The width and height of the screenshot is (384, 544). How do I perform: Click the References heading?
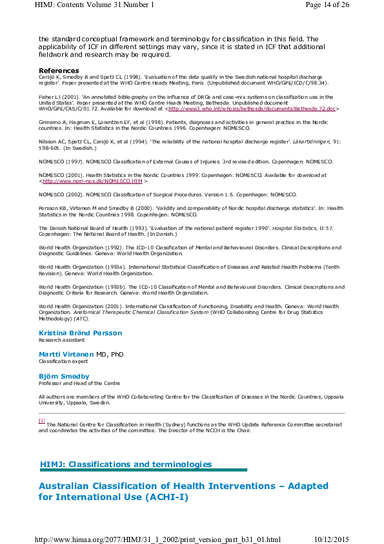(x=59, y=70)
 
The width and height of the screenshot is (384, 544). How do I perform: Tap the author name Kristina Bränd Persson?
(x=80, y=333)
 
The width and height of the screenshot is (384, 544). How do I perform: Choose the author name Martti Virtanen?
(x=66, y=354)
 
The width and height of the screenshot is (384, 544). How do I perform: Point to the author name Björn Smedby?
(x=64, y=376)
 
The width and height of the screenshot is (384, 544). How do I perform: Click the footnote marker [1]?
(x=42, y=421)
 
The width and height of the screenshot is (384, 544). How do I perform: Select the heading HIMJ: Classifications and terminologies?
(x=126, y=464)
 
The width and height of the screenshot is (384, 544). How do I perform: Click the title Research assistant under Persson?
(x=59, y=340)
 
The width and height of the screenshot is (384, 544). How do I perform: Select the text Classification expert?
(x=63, y=362)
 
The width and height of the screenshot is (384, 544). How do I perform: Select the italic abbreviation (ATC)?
(x=81, y=319)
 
